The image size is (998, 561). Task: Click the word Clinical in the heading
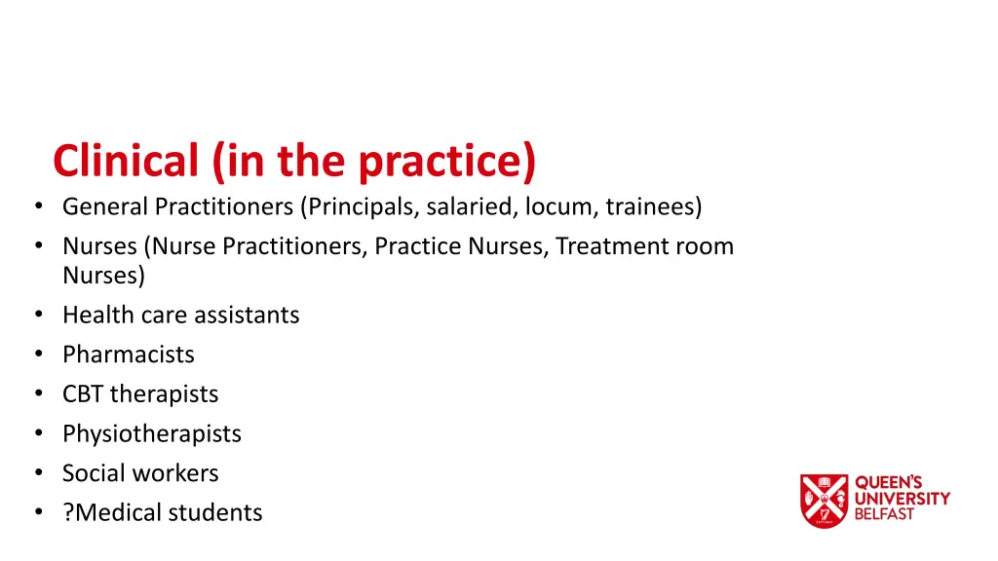pyautogui.click(x=126, y=161)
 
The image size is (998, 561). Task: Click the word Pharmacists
pyautogui.click(x=129, y=355)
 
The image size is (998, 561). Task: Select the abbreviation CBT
pyautogui.click(x=83, y=394)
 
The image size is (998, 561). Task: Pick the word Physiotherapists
pyautogui.click(x=151, y=434)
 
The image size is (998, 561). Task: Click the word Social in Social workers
pyautogui.click(x=94, y=473)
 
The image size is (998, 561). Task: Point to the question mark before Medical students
pyautogui.click(x=68, y=513)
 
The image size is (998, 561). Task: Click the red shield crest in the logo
pyautogui.click(x=824, y=501)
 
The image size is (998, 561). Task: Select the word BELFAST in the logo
pyautogui.click(x=885, y=514)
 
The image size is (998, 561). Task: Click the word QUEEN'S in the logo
pyautogui.click(x=886, y=483)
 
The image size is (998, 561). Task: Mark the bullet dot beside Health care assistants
pyautogui.click(x=37, y=316)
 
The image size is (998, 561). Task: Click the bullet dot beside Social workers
pyautogui.click(x=37, y=473)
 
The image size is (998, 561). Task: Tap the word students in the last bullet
pyautogui.click(x=220, y=513)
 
